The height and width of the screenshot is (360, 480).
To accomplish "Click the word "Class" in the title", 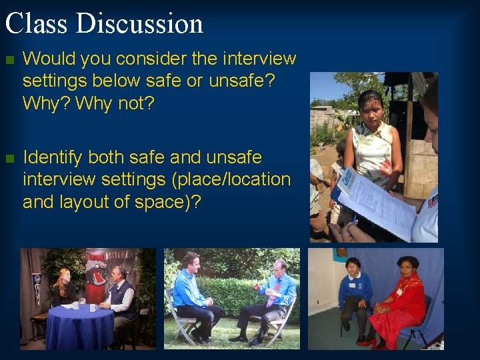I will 37,23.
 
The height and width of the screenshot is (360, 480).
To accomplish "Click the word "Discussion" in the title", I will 140,23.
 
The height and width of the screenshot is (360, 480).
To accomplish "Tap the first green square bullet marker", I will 9,59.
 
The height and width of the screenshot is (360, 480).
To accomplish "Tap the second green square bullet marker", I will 9,159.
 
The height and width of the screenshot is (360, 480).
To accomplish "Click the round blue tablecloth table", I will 80,325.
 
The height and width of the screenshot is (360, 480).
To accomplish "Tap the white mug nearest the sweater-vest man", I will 94,307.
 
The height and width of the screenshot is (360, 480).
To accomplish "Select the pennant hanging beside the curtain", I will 37,287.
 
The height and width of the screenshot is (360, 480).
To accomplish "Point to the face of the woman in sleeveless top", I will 370,105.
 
